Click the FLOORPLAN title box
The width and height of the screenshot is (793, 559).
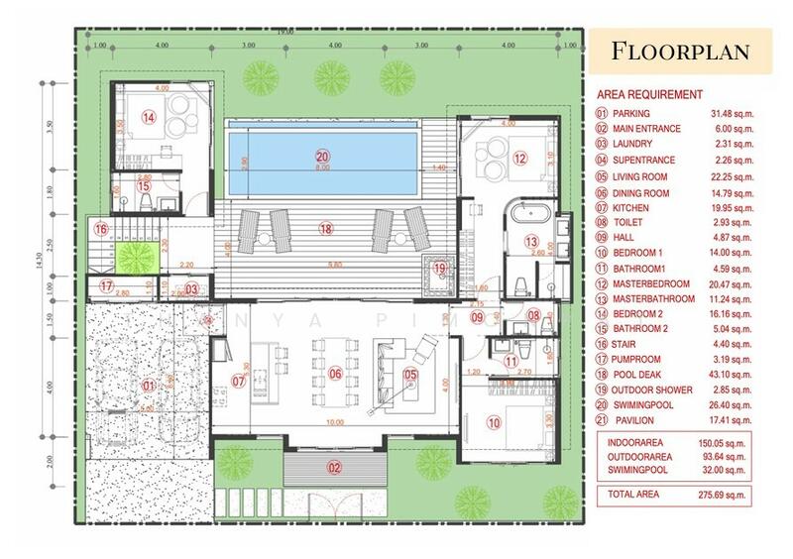[679, 51]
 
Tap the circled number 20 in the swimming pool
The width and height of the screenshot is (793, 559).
[321, 156]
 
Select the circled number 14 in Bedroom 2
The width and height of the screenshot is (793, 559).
[148, 117]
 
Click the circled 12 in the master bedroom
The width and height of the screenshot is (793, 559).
[519, 158]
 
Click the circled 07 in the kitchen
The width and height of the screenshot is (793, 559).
[238, 380]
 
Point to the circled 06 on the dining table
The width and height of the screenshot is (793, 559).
[335, 374]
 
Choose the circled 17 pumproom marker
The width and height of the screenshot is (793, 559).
[107, 285]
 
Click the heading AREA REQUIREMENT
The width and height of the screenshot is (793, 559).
[649, 94]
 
